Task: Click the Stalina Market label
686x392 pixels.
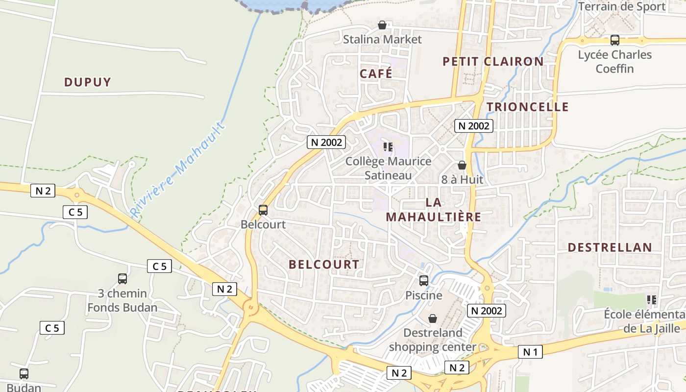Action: [382, 39]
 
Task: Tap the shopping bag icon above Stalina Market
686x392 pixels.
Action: [382, 25]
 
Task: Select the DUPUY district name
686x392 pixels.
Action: [88, 82]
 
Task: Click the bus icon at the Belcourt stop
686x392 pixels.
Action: [263, 210]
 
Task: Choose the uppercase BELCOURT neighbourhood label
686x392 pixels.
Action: [324, 264]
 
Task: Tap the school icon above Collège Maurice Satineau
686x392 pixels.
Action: [389, 147]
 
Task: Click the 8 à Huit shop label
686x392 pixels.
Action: [462, 179]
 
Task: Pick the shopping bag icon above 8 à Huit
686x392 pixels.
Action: [462, 165]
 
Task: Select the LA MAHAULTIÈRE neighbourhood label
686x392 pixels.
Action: [433, 209]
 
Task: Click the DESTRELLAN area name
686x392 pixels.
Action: [610, 247]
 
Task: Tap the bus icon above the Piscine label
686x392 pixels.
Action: [424, 281]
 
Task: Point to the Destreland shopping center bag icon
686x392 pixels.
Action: [433, 318]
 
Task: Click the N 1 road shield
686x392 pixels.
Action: [530, 351]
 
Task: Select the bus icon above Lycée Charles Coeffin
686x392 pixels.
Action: [615, 40]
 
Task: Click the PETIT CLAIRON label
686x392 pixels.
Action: [493, 61]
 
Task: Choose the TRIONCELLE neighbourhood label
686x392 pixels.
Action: [528, 107]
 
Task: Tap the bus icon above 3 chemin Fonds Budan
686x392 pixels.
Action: [122, 279]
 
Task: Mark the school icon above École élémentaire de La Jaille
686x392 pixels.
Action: [652, 299]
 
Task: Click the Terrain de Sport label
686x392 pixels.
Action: [622, 6]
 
